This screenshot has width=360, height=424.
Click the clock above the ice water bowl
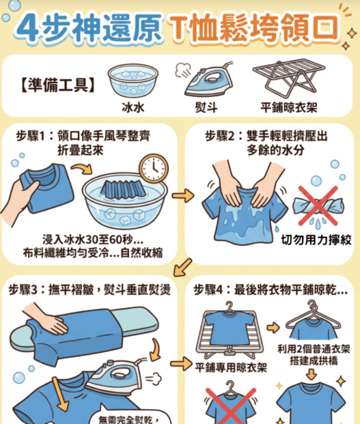pyautogui.click(x=154, y=169)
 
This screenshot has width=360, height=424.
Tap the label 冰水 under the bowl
pyautogui.click(x=133, y=107)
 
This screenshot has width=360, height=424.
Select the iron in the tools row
pyautogui.click(x=208, y=81)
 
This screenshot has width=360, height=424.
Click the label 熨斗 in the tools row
pyautogui.click(x=207, y=107)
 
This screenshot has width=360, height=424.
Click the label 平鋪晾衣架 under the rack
pyautogui.click(x=289, y=107)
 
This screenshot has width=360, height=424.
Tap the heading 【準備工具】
pyautogui.click(x=58, y=85)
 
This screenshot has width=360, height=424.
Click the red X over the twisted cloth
pyautogui.click(x=318, y=206)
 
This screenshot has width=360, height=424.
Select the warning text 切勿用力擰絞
pyautogui.click(x=316, y=240)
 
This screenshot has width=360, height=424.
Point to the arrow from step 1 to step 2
pyautogui.click(x=183, y=196)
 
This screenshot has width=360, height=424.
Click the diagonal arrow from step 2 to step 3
pyautogui.click(x=183, y=267)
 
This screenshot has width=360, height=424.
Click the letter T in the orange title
pyautogui.click(x=179, y=28)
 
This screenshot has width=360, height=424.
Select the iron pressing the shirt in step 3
pyautogui.click(x=116, y=375)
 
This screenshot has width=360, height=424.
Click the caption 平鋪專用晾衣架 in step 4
pyautogui.click(x=231, y=367)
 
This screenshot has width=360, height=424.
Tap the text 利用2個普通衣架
pyautogui.click(x=314, y=349)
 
